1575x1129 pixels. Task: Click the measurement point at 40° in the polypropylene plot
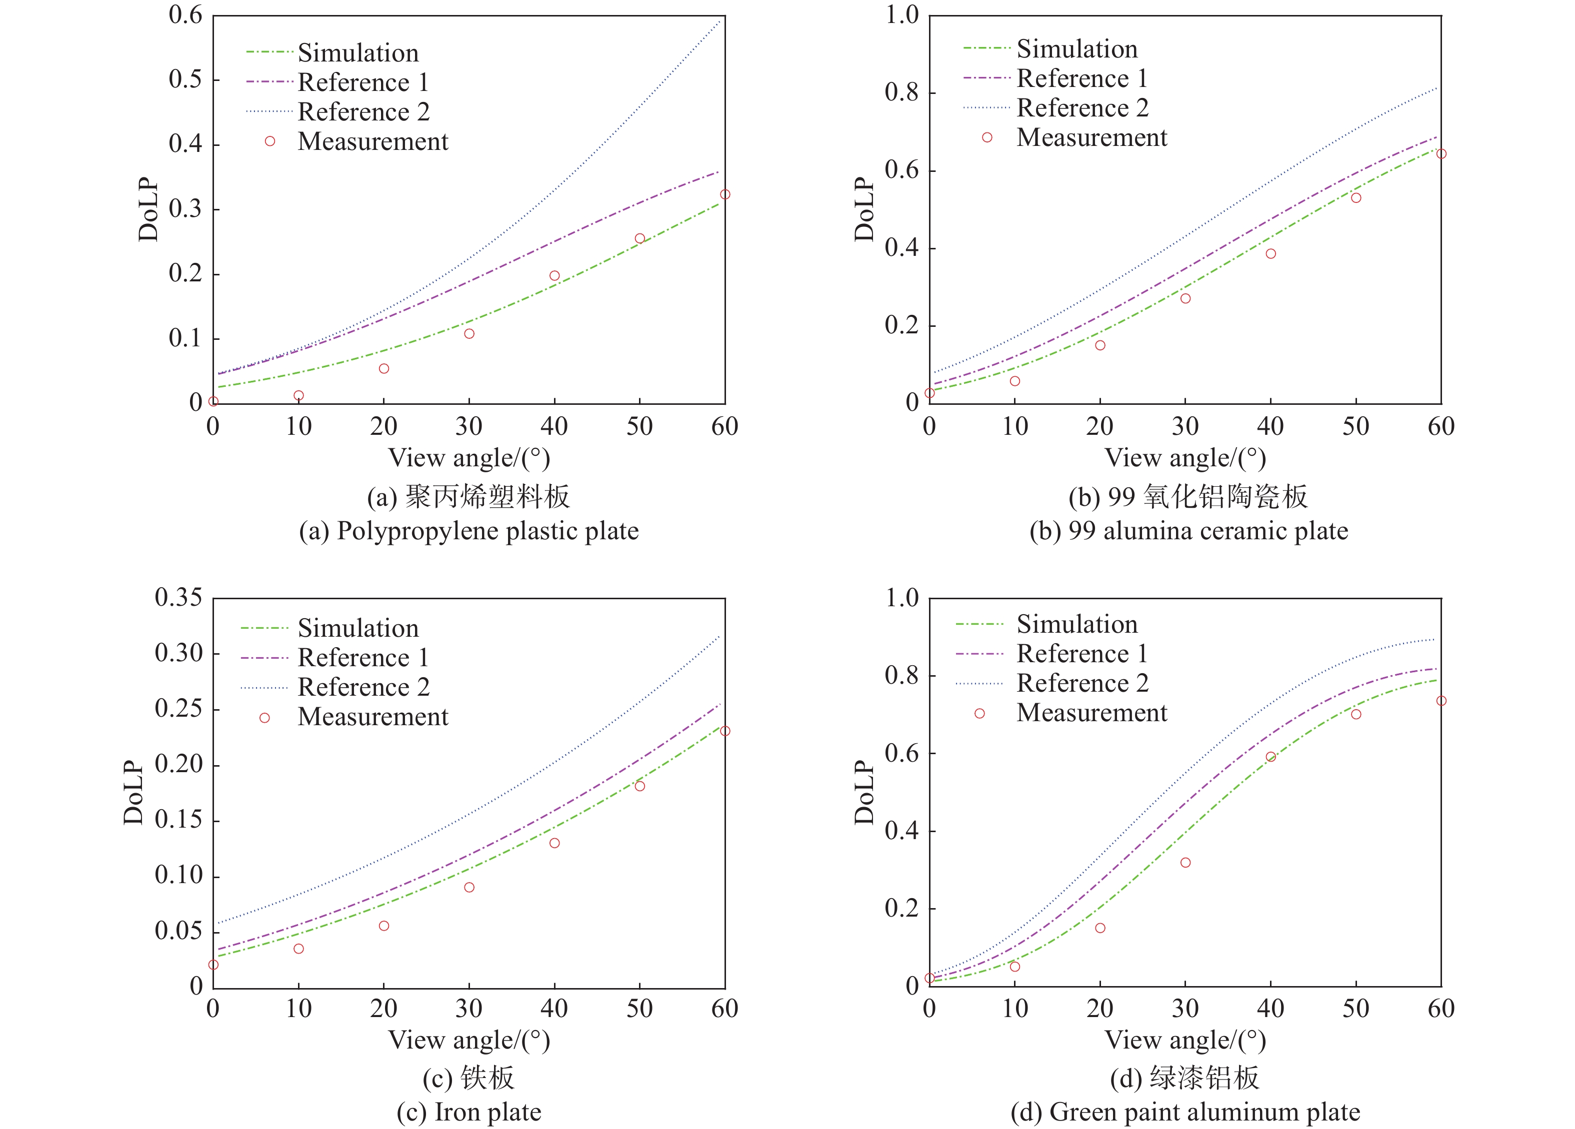pyautogui.click(x=554, y=276)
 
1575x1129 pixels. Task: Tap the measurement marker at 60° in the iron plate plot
pyautogui.click(x=725, y=731)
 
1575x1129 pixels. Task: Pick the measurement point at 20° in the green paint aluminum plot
pyautogui.click(x=1100, y=928)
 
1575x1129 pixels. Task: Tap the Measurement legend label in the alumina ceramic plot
pyautogui.click(x=1091, y=137)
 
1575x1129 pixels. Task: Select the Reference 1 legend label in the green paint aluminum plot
pyautogui.click(x=1082, y=653)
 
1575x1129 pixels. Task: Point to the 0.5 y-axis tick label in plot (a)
pyautogui.click(x=185, y=79)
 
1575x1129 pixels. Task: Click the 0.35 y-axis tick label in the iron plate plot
pyautogui.click(x=178, y=597)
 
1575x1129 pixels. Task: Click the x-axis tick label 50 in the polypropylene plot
pyautogui.click(x=639, y=426)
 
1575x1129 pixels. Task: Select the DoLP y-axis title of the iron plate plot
pyautogui.click(x=133, y=792)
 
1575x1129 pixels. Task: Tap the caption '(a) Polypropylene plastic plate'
pyautogui.click(x=469, y=531)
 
